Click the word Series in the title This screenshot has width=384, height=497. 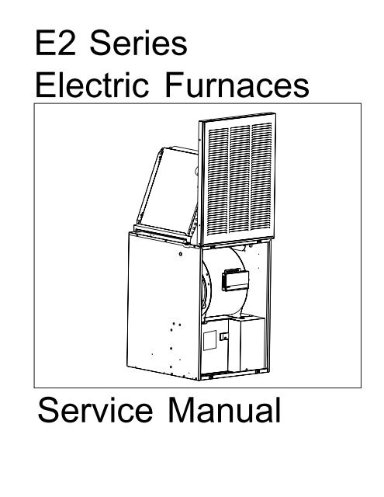(139, 43)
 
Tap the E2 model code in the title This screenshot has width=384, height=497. (56, 43)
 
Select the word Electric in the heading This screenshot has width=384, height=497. (92, 85)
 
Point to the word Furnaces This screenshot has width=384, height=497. (237, 85)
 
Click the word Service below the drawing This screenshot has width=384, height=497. (95, 410)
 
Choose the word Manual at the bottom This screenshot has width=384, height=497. (224, 410)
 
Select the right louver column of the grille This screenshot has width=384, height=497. (261, 176)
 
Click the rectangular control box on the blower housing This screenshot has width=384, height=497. (235, 279)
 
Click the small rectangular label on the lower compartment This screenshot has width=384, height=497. (209, 340)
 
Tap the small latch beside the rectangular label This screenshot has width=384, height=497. (224, 336)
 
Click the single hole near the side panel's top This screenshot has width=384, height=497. (181, 254)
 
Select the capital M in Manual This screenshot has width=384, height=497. (181, 410)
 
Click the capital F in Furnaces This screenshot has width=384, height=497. (174, 84)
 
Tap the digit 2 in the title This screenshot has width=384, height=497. (67, 43)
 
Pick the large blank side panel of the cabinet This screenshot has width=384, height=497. (164, 306)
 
